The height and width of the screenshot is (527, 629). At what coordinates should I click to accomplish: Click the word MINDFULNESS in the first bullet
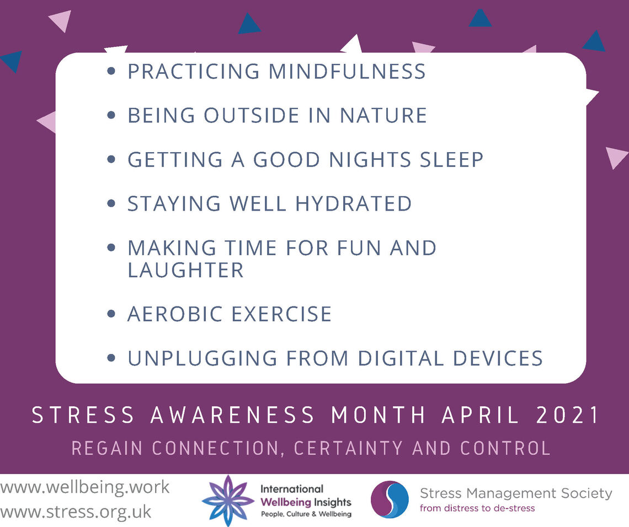point(347,72)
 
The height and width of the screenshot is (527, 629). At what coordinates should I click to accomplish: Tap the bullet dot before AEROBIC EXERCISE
point(111,314)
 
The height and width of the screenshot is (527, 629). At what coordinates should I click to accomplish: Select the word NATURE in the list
point(383,115)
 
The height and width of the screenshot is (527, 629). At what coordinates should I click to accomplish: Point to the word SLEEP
point(452,159)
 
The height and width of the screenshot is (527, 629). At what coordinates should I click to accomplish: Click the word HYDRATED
point(354,203)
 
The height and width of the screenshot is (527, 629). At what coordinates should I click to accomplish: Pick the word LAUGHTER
point(186,270)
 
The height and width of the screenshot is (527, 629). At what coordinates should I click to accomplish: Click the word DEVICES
point(498,358)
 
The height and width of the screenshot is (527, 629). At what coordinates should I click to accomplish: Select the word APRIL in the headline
point(481,415)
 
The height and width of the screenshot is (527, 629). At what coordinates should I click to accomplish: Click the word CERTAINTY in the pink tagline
point(348,448)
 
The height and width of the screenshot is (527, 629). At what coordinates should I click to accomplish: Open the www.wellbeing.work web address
point(84,487)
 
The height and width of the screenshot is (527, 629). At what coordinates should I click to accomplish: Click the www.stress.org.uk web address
point(76,512)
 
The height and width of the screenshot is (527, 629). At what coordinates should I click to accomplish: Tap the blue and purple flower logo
point(228,501)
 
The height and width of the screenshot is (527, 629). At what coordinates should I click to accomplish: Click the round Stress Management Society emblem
point(390,500)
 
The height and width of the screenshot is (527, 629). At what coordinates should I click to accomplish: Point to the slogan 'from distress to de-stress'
point(477,508)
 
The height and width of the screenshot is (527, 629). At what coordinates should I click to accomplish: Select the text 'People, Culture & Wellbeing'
point(306,514)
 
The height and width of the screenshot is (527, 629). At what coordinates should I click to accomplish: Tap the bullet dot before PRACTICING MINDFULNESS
point(111,71)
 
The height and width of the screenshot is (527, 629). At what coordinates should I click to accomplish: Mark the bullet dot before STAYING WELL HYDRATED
point(111,203)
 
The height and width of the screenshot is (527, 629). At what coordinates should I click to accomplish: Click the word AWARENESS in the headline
point(233,415)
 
